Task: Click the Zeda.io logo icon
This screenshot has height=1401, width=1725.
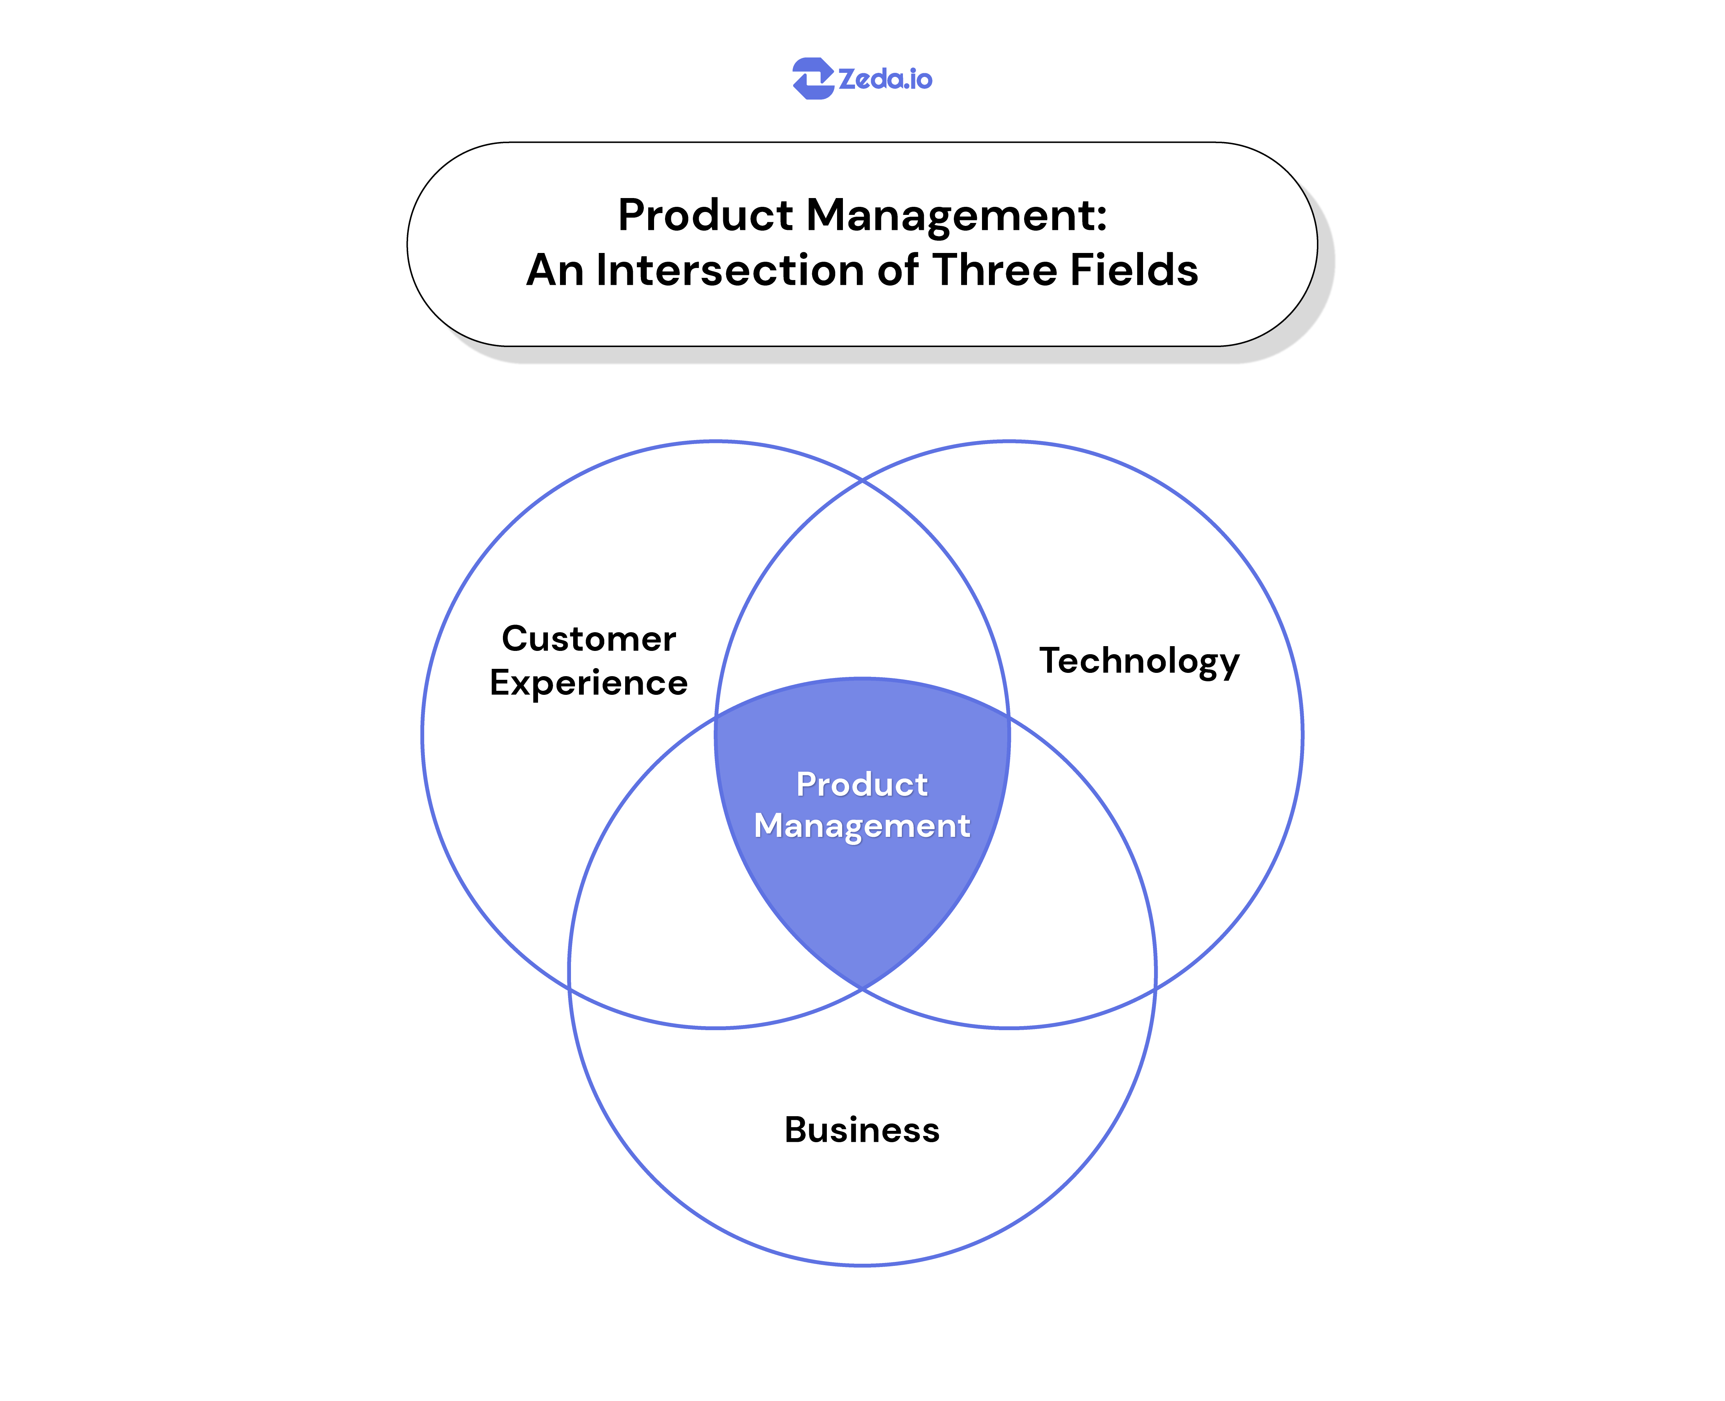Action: coord(812,78)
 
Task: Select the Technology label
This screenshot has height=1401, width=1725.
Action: coord(1138,661)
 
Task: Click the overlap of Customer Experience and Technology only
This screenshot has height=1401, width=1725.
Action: coord(862,597)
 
